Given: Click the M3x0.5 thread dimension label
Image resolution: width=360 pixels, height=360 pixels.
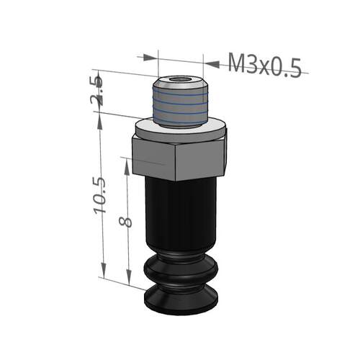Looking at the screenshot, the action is pos(264,65).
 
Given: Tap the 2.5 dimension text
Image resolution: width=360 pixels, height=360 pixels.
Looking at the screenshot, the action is pos(97,91).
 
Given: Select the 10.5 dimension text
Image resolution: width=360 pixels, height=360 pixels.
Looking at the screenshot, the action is pos(100,196).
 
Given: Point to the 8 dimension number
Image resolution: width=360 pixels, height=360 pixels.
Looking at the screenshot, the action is pos(125,220).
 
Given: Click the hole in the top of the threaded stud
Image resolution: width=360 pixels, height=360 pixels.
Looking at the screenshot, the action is pos(179,79).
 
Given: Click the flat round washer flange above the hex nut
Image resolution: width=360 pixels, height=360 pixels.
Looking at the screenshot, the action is pos(180,130).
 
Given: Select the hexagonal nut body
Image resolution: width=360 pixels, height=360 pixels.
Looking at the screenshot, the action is pos(179,158).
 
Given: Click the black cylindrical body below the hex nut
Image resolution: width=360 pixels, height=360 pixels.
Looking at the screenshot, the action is pos(181,214).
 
